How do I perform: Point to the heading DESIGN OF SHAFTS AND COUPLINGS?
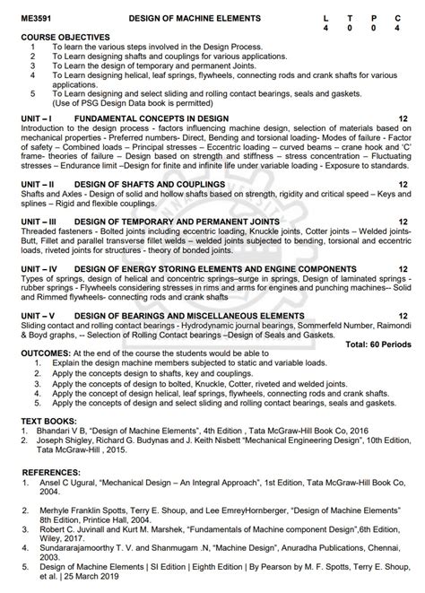pos(138,184)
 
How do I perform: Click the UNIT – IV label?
pos(40,268)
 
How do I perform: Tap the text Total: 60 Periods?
pos(379,344)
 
